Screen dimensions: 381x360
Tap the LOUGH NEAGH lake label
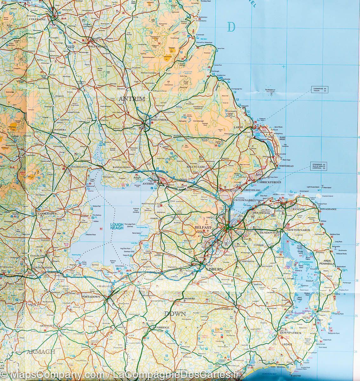click(x=117, y=226)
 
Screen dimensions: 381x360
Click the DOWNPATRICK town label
click(x=290, y=333)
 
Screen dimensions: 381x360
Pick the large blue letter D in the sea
click(x=231, y=27)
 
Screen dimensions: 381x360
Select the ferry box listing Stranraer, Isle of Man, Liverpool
click(x=319, y=166)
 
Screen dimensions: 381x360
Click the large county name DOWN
click(x=175, y=314)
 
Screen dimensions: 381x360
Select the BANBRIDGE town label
click(x=161, y=327)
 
